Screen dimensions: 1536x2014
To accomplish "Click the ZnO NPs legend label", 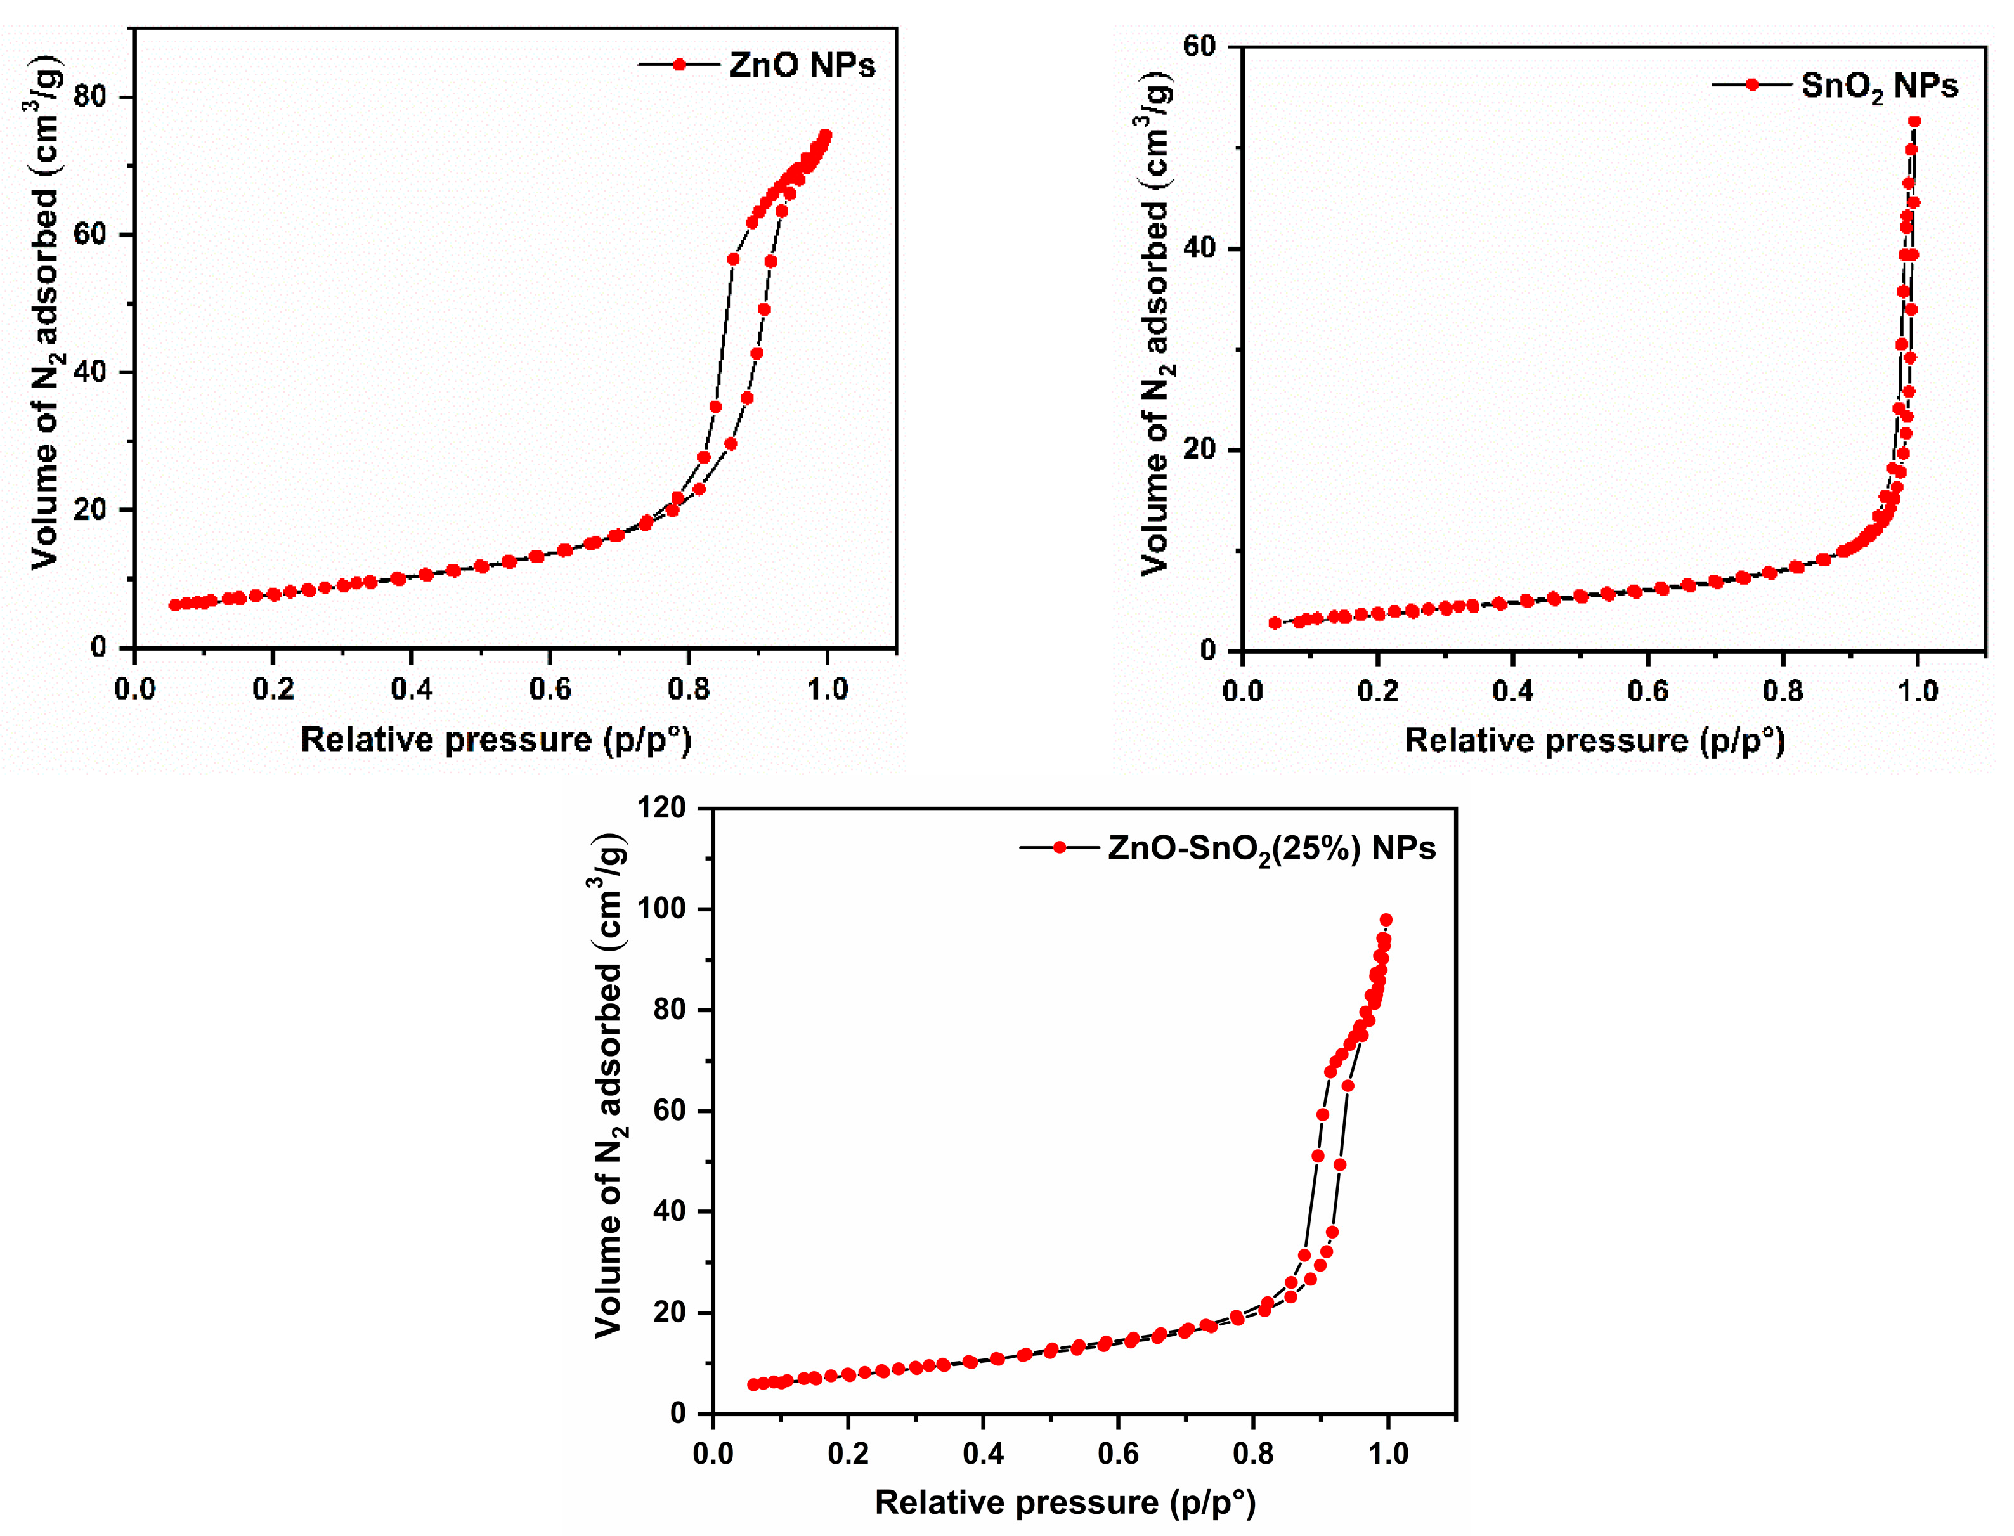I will point(802,65).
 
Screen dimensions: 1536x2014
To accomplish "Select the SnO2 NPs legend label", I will point(1879,86).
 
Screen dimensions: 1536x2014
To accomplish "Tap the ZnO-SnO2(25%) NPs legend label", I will point(1271,849).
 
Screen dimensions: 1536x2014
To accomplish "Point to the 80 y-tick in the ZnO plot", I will point(91,97).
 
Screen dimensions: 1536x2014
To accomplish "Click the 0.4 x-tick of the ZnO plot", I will point(412,689).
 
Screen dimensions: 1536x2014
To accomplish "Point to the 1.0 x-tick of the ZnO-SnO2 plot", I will point(1387,1454).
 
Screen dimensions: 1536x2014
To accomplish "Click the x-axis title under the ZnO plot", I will point(495,739).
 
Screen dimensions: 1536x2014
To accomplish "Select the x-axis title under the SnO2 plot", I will point(1594,741).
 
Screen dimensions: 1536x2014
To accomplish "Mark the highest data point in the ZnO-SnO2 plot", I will point(1386,920).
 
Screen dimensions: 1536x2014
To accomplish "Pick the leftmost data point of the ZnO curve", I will point(174,605).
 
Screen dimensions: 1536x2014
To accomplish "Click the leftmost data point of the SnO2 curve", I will point(1275,623).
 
